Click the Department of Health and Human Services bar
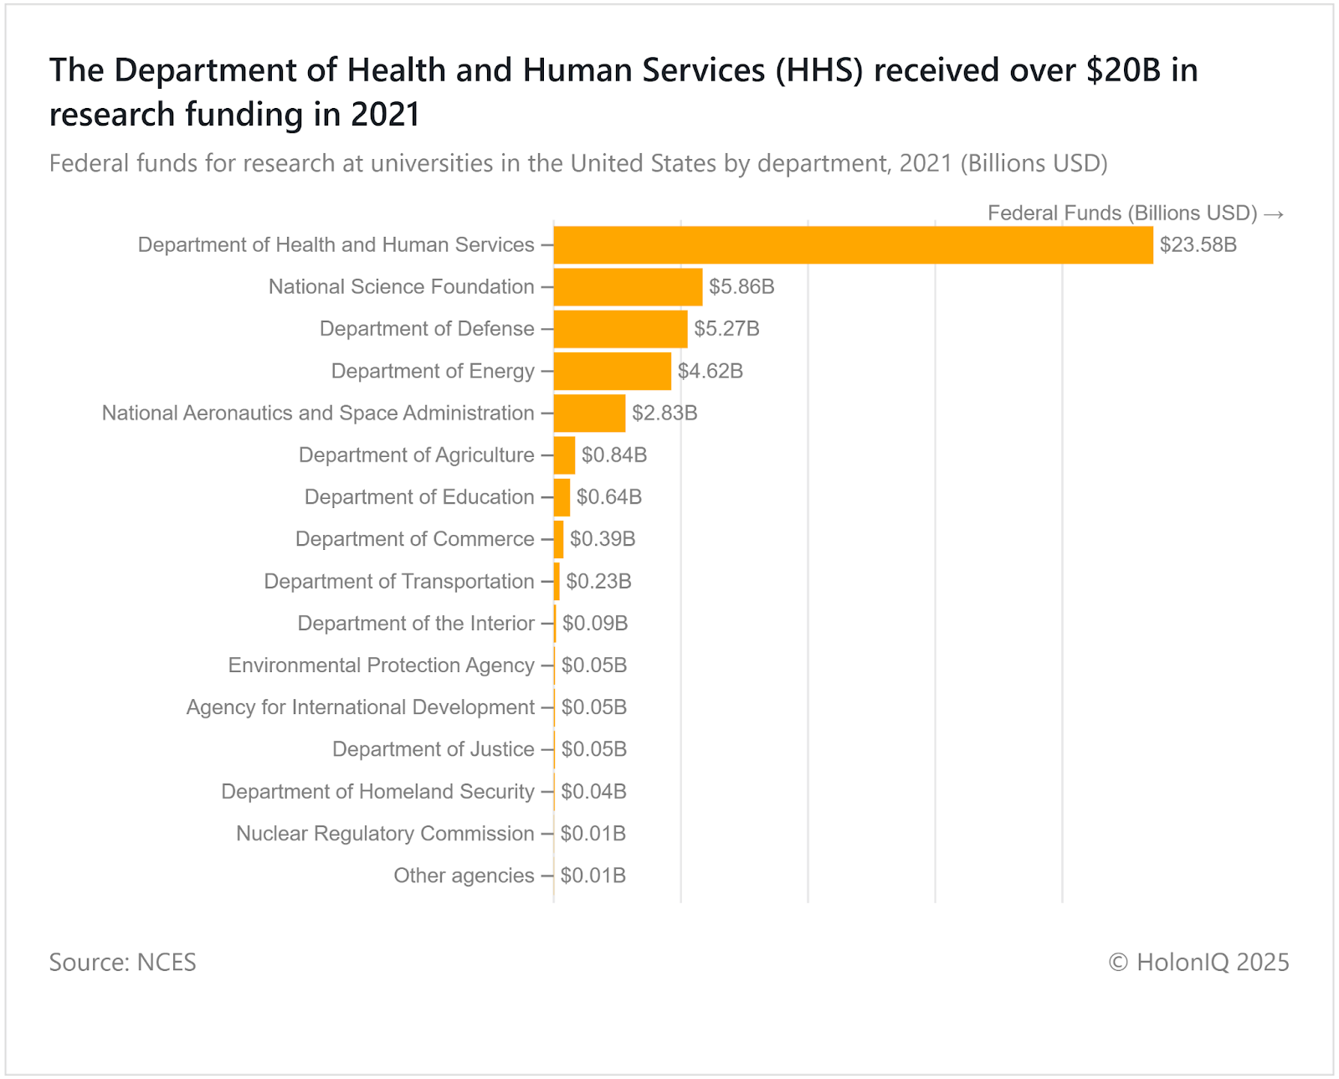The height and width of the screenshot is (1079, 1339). click(x=853, y=245)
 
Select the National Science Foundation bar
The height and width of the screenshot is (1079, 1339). click(x=628, y=287)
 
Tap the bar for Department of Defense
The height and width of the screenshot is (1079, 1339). click(x=620, y=329)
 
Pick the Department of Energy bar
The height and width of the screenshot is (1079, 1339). click(x=612, y=371)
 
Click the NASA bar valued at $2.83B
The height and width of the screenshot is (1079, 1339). click(x=589, y=414)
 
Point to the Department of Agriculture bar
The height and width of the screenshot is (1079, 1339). click(x=564, y=455)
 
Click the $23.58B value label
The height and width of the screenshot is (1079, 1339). click(x=1198, y=245)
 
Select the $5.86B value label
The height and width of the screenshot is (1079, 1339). click(x=741, y=287)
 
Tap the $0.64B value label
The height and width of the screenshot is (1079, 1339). click(x=608, y=497)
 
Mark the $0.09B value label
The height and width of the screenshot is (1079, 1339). click(x=594, y=624)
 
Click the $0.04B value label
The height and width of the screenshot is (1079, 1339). click(x=593, y=792)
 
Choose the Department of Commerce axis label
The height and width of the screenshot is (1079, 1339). click(x=414, y=539)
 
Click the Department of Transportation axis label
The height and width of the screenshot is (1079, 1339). click(x=398, y=582)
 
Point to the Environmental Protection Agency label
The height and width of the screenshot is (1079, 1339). click(x=381, y=665)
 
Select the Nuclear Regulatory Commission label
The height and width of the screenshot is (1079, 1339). click(x=385, y=834)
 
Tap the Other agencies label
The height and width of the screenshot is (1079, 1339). click(x=464, y=876)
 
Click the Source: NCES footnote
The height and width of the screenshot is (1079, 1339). click(x=122, y=963)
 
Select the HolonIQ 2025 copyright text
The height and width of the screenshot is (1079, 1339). click(x=1198, y=963)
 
